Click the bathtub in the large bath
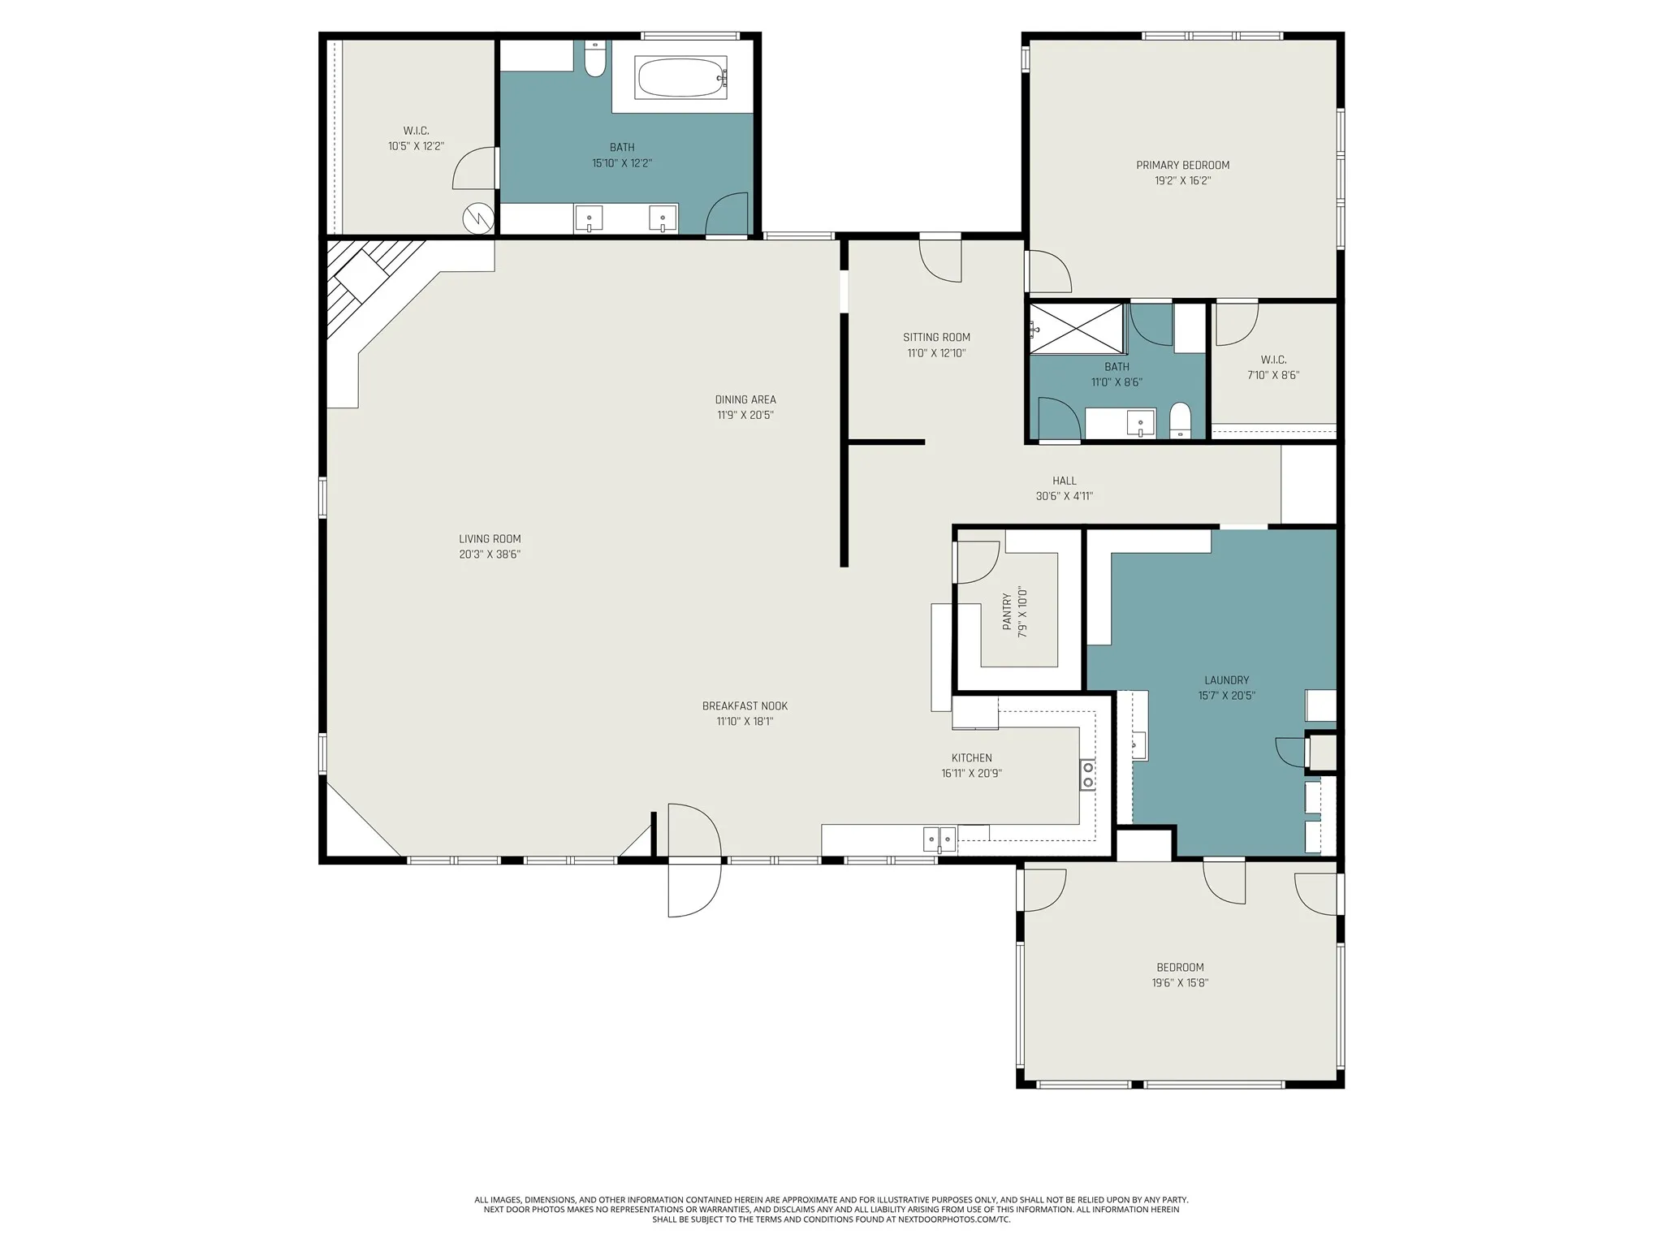pos(682,77)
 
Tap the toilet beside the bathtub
pos(595,58)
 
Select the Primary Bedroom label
pos(1182,166)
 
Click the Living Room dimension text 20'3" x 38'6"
pos(490,554)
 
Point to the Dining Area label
pos(745,399)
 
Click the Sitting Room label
pos(936,338)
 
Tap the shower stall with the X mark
pos(1077,328)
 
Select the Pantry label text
pos(1008,611)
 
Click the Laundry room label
pos(1226,680)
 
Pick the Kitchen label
pos(972,758)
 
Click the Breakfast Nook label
pos(745,706)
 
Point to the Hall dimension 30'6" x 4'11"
pos(1065,496)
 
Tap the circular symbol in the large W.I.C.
pos(478,218)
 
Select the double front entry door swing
pos(694,860)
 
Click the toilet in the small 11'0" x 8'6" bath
pos(1180,420)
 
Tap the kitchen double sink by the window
pos(939,839)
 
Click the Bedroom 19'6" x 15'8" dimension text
pos(1180,983)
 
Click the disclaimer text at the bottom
pos(831,1232)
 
